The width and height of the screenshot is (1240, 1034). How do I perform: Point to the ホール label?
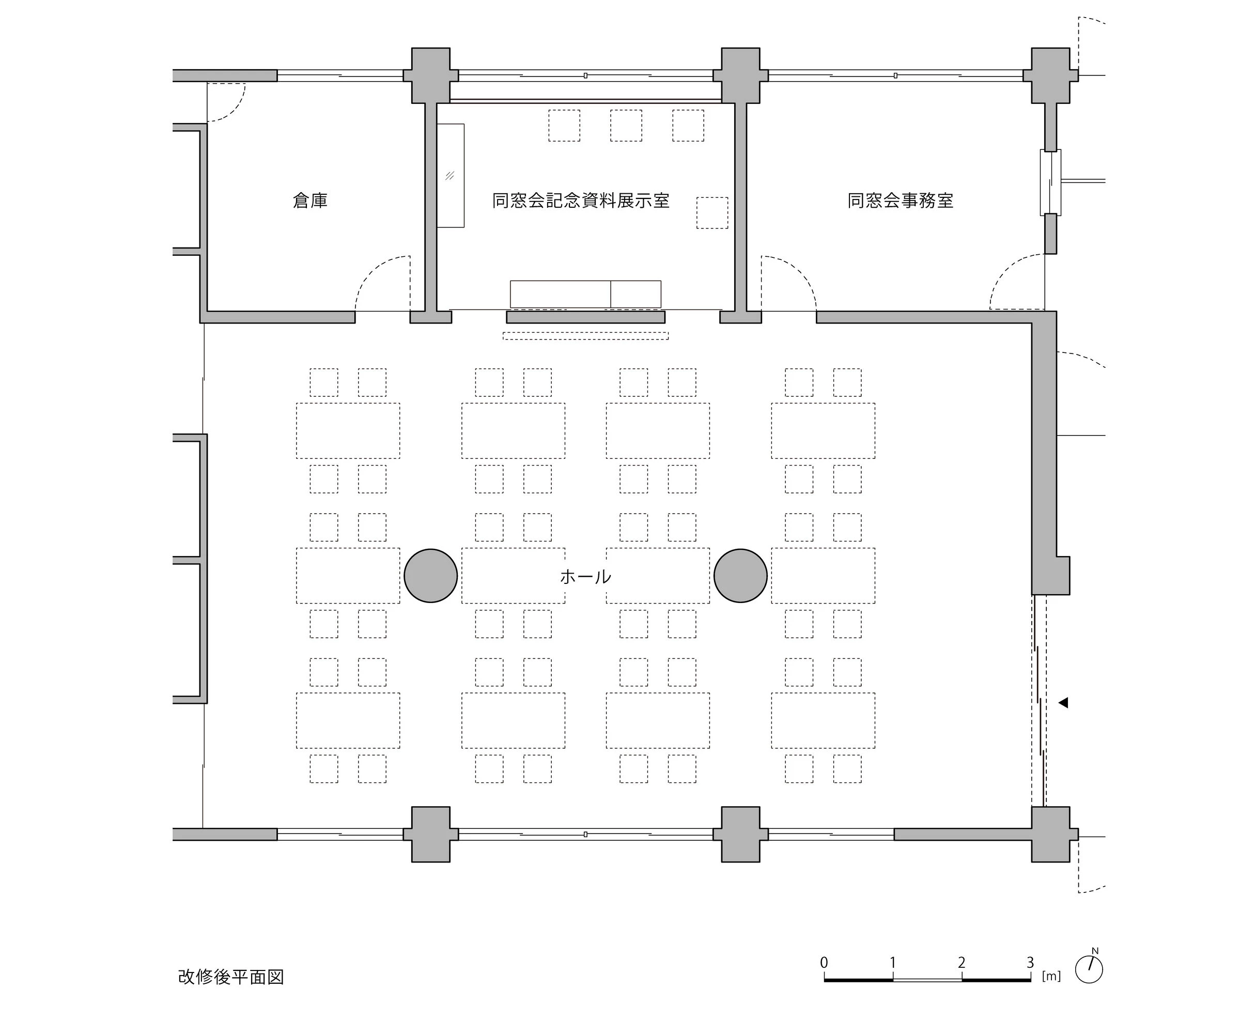click(585, 576)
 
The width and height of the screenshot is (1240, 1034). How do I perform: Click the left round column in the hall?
click(430, 576)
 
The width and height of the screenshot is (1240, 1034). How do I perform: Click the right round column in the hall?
click(740, 576)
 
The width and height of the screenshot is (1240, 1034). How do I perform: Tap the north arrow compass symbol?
click(1089, 968)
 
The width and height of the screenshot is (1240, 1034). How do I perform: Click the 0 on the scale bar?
click(824, 963)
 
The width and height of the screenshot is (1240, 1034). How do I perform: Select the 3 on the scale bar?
click(1030, 963)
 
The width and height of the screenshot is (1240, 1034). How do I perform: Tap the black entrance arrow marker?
click(1063, 703)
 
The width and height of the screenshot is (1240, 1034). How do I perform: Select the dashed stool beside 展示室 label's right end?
click(712, 212)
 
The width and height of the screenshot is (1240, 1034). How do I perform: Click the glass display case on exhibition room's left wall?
click(451, 175)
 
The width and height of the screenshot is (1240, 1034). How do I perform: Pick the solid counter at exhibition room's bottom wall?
click(585, 294)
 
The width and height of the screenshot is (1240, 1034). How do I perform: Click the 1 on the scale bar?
click(893, 963)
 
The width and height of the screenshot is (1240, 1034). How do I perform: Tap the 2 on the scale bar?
click(962, 963)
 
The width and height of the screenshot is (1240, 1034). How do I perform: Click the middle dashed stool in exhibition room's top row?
click(626, 125)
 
